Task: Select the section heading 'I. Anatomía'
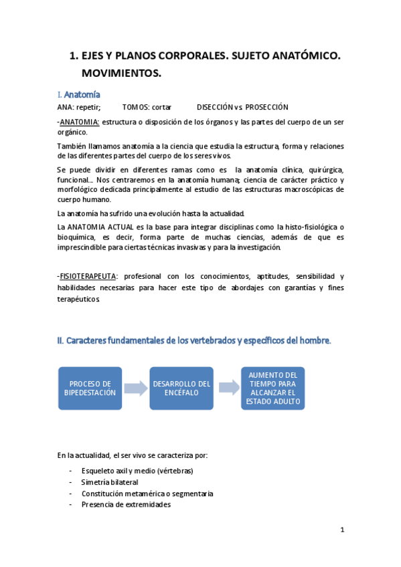click(x=79, y=95)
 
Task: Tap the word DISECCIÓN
click(x=214, y=107)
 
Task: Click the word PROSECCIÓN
click(x=266, y=107)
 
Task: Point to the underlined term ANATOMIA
click(x=80, y=122)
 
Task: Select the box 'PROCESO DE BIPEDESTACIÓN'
click(x=89, y=388)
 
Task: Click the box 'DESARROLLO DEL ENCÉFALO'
click(x=181, y=388)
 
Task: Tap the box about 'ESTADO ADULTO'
click(x=272, y=388)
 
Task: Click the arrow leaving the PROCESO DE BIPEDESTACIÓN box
click(x=135, y=388)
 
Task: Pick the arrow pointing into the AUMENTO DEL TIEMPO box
click(x=228, y=388)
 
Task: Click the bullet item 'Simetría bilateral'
click(x=110, y=482)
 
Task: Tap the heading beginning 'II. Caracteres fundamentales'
click(x=194, y=340)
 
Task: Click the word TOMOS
click(x=135, y=107)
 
